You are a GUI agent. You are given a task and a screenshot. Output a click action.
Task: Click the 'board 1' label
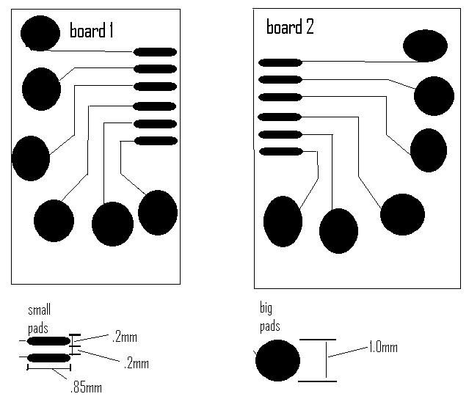pos(91,31)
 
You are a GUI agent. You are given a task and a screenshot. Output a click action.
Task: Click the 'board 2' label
pos(289,28)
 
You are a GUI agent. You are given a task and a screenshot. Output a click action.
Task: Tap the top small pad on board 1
pos(155,52)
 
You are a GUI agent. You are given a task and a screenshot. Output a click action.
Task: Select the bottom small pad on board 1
pos(155,140)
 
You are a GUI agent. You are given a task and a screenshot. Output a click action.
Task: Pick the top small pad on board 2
pos(280,62)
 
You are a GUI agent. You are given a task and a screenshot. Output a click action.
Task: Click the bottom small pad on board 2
pos(280,152)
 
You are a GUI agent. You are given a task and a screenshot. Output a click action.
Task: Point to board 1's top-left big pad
pos(40,32)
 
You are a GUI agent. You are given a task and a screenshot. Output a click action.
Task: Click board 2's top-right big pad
pos(425,45)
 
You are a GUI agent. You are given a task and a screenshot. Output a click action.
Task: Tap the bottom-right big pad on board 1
pos(158,213)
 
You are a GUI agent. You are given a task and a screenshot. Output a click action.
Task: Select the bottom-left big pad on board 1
pos(54,220)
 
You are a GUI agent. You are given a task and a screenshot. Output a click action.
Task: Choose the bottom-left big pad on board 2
pos(283,221)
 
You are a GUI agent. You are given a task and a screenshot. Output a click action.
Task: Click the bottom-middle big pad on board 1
pos(112,223)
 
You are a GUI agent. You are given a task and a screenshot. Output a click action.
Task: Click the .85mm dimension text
pos(85,387)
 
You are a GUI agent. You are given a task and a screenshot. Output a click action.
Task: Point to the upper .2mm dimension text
pos(124,337)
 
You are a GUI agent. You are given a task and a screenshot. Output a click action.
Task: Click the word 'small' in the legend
pos(39,311)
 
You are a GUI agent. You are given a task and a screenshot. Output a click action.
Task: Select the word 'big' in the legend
pos(266,307)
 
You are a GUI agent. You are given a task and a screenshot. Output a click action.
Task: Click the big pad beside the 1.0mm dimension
pos(277,361)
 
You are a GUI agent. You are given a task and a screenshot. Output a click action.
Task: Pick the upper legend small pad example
pos(48,342)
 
